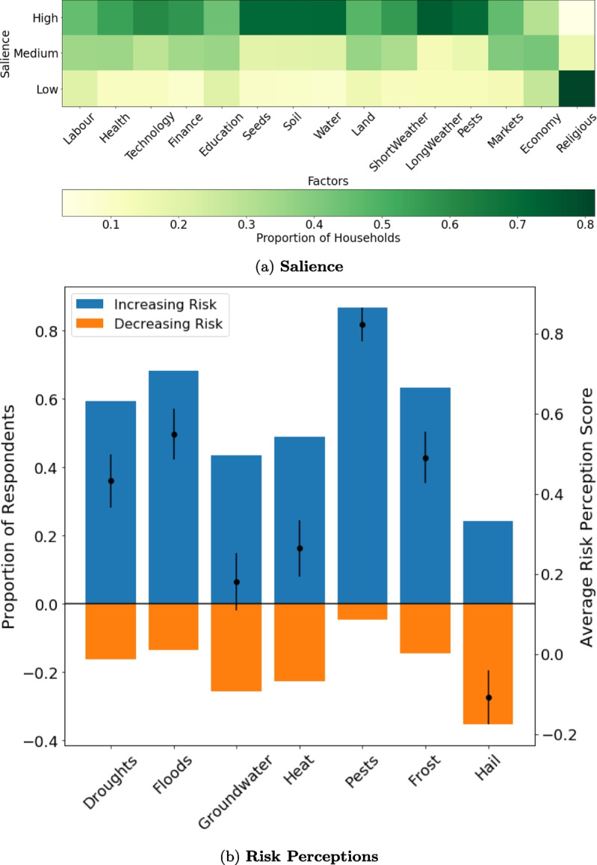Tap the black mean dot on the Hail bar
[488, 698]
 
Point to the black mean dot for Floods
[174, 434]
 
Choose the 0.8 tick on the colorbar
[583, 224]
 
